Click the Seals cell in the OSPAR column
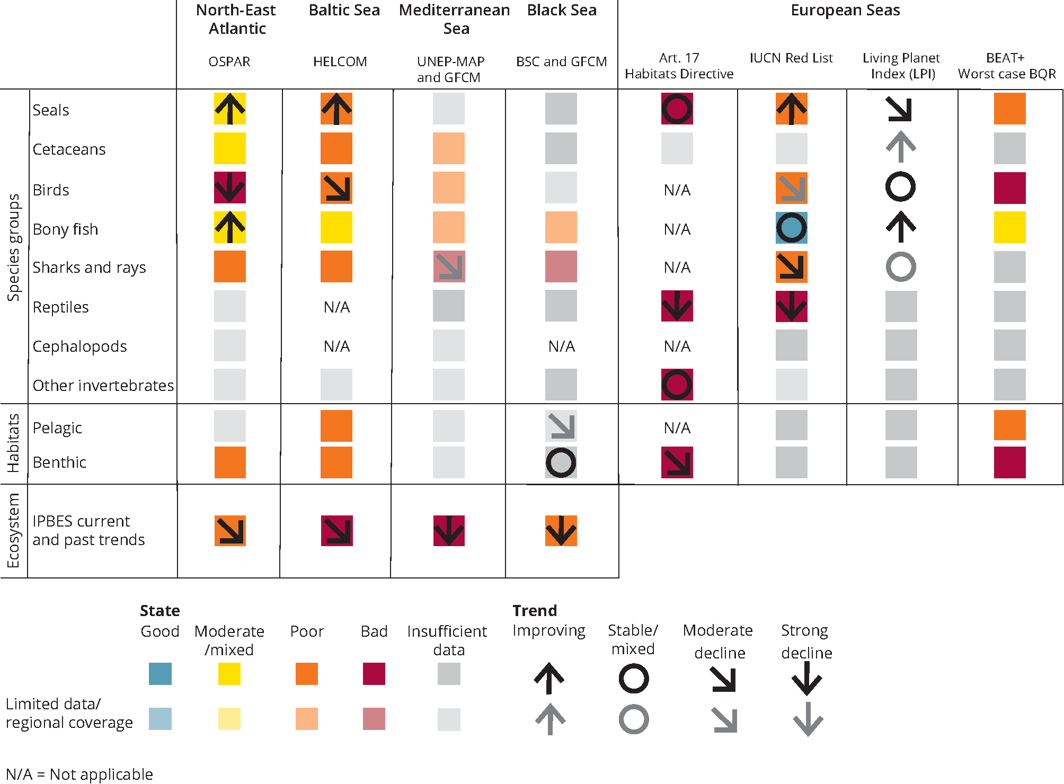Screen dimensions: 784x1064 point(229,109)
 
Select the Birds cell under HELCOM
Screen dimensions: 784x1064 point(336,188)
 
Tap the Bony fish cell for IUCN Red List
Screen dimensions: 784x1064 point(791,228)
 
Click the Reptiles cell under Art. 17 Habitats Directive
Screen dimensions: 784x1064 point(677,306)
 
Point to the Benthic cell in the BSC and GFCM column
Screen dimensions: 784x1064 point(561,462)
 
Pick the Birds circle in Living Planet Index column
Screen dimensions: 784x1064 point(900,186)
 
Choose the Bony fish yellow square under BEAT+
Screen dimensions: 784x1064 point(1009,227)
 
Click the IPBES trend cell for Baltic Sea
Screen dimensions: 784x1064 point(336,530)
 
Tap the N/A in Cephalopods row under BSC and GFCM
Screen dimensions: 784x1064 point(561,346)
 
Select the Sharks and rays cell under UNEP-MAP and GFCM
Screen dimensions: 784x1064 point(448,266)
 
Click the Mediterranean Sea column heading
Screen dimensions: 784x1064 point(455,19)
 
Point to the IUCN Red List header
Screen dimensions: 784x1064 point(791,58)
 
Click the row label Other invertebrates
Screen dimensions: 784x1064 point(103,385)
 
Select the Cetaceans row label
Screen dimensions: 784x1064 point(69,149)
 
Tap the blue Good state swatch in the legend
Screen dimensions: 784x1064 point(160,674)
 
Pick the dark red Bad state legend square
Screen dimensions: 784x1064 point(374,674)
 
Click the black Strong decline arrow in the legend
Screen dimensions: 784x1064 point(806,678)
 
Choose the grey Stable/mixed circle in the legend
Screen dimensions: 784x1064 point(633,719)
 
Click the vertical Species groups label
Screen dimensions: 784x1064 point(13,247)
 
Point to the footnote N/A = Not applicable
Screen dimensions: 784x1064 point(79,774)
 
